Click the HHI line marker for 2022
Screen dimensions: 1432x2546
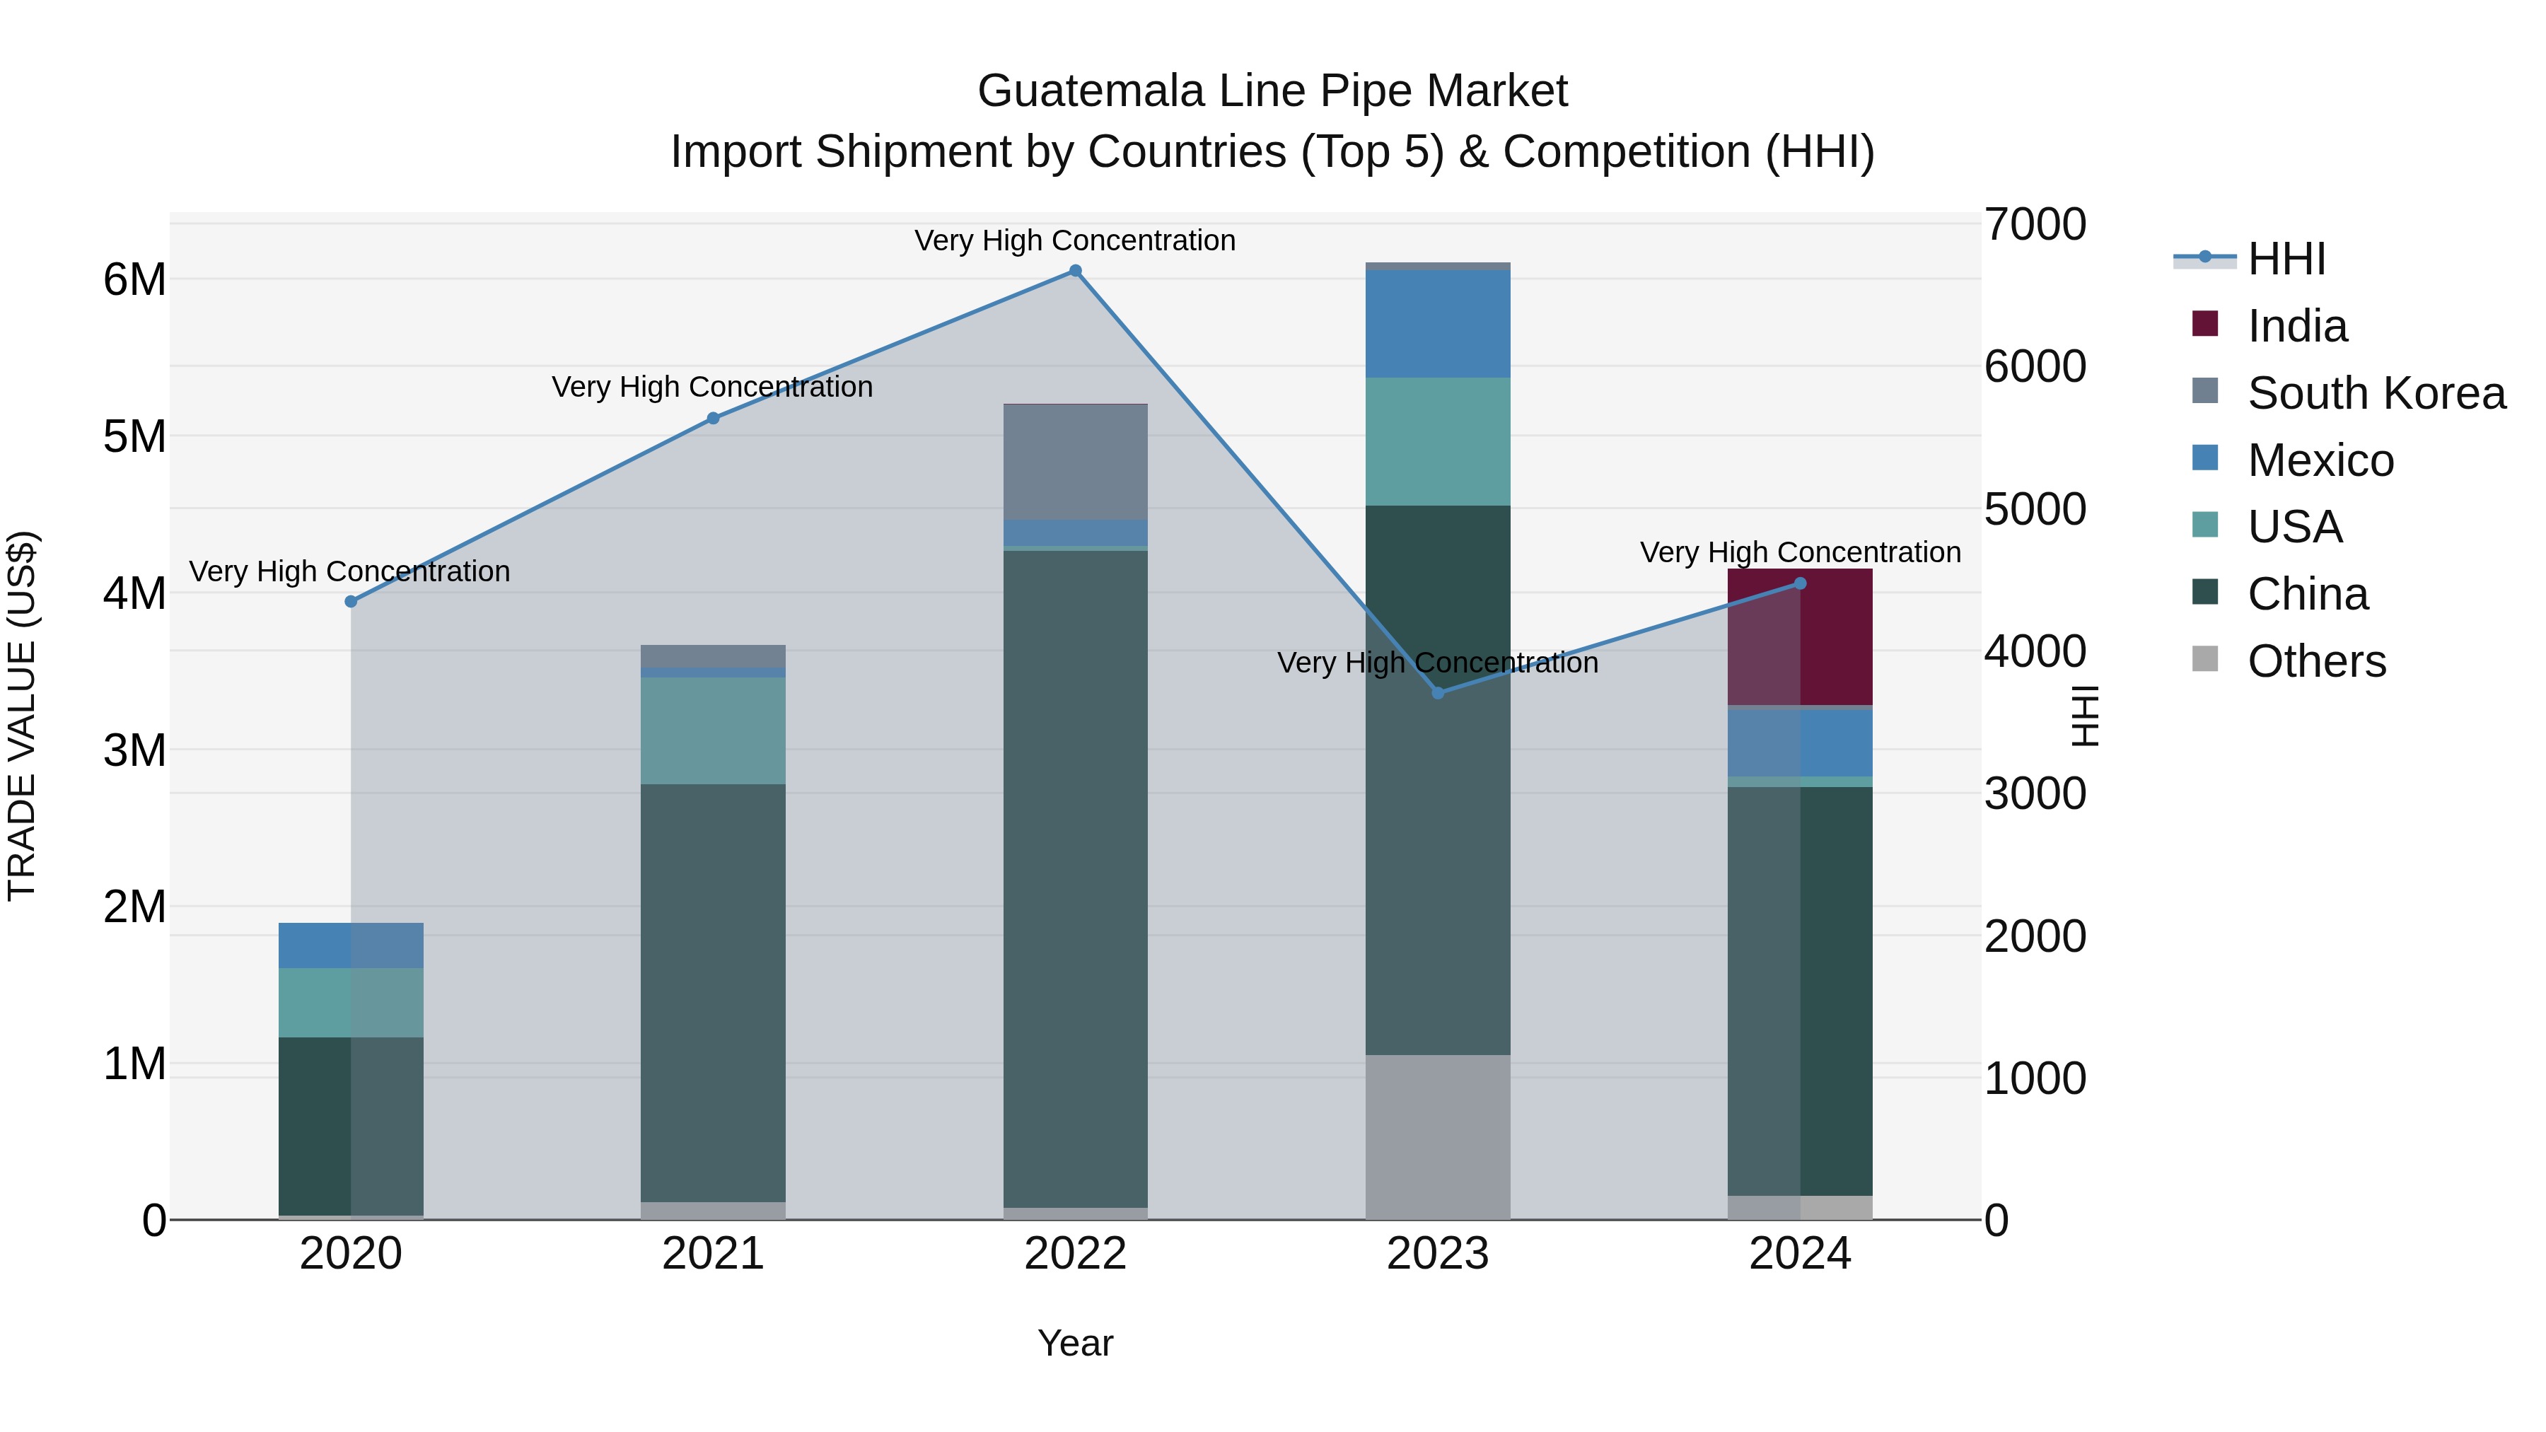[x=1075, y=271]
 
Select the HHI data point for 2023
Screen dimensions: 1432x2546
[x=1438, y=693]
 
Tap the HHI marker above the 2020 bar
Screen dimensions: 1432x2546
[x=351, y=601]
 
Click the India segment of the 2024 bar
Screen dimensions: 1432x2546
[x=1800, y=637]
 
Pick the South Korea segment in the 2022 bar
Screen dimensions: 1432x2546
[x=1075, y=462]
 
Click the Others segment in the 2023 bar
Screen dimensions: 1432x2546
[x=1438, y=1136]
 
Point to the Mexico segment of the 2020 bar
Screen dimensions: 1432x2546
[x=351, y=945]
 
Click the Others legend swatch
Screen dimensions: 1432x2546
[x=2205, y=659]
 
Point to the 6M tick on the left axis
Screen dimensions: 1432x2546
[x=134, y=279]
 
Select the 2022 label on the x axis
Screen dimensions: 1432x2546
[x=1075, y=1254]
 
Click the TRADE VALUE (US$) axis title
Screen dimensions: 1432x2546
[x=22, y=716]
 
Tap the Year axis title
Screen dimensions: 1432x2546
[x=1075, y=1343]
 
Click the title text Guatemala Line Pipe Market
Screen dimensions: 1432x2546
[x=1272, y=91]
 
